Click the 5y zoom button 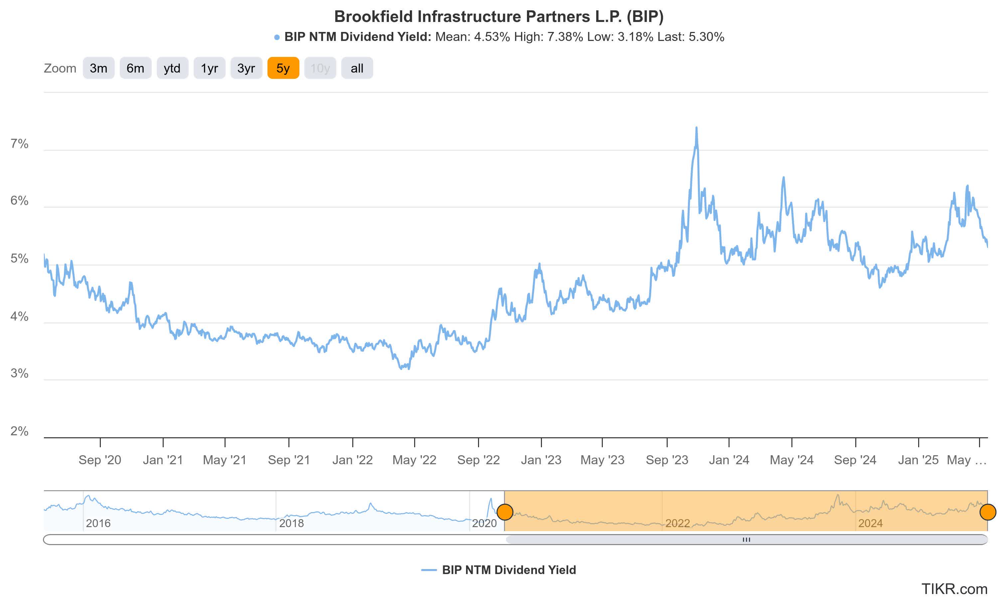[x=283, y=68]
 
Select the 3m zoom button [x=98, y=68]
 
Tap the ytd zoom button [x=172, y=68]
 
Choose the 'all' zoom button [x=357, y=68]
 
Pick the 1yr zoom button [x=209, y=68]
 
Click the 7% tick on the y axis [x=19, y=144]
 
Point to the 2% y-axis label [x=19, y=431]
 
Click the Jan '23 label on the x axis [x=541, y=460]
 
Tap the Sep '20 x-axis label [x=100, y=460]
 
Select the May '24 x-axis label [x=791, y=460]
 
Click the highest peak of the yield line [x=696, y=128]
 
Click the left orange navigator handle [x=505, y=512]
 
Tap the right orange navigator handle [x=987, y=512]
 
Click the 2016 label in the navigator [x=98, y=523]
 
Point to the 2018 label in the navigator [x=291, y=523]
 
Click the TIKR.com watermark [x=954, y=589]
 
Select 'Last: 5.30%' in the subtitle [x=691, y=37]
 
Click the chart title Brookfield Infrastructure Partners [x=499, y=17]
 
